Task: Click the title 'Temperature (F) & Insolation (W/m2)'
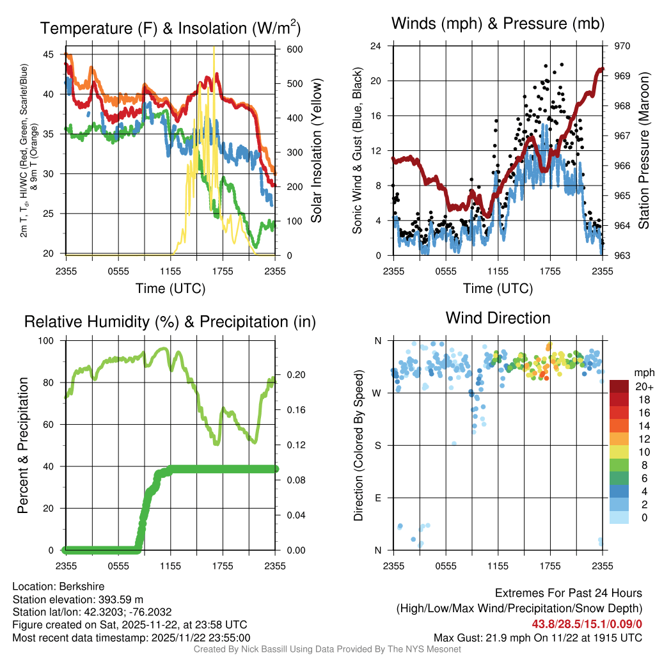[170, 28]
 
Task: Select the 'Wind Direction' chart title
[498, 318]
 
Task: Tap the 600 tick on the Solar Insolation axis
[294, 49]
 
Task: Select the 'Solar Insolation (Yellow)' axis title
[316, 150]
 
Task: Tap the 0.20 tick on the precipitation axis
[294, 375]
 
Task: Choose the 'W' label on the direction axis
[378, 393]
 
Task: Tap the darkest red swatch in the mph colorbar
[619, 386]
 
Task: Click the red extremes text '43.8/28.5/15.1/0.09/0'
[587, 623]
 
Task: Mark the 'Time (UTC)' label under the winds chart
[498, 288]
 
